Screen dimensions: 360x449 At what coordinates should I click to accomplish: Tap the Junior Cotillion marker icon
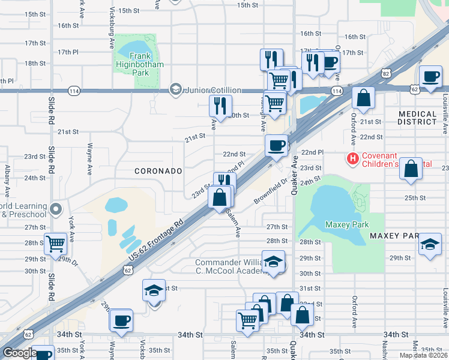pyautogui.click(x=176, y=90)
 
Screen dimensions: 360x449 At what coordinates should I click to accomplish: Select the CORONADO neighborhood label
pyautogui.click(x=158, y=171)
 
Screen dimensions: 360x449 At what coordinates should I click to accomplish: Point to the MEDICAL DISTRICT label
pyautogui.click(x=418, y=118)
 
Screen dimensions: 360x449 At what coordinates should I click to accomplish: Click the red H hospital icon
pyautogui.click(x=353, y=159)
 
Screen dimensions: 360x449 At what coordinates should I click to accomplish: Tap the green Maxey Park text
pyautogui.click(x=345, y=224)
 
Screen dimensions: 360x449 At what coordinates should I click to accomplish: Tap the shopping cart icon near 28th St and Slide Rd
pyautogui.click(x=55, y=244)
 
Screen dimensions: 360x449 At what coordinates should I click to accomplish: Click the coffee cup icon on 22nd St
pyautogui.click(x=277, y=145)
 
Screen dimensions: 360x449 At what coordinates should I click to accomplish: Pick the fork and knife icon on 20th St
pyautogui.click(x=220, y=106)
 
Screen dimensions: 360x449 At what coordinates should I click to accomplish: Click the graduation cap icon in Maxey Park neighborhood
pyautogui.click(x=430, y=244)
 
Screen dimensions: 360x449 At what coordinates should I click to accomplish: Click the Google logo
pyautogui.click(x=20, y=353)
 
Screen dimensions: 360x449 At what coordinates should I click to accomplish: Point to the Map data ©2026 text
pyautogui.click(x=424, y=355)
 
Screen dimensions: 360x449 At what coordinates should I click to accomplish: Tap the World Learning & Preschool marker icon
pyautogui.click(x=56, y=209)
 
